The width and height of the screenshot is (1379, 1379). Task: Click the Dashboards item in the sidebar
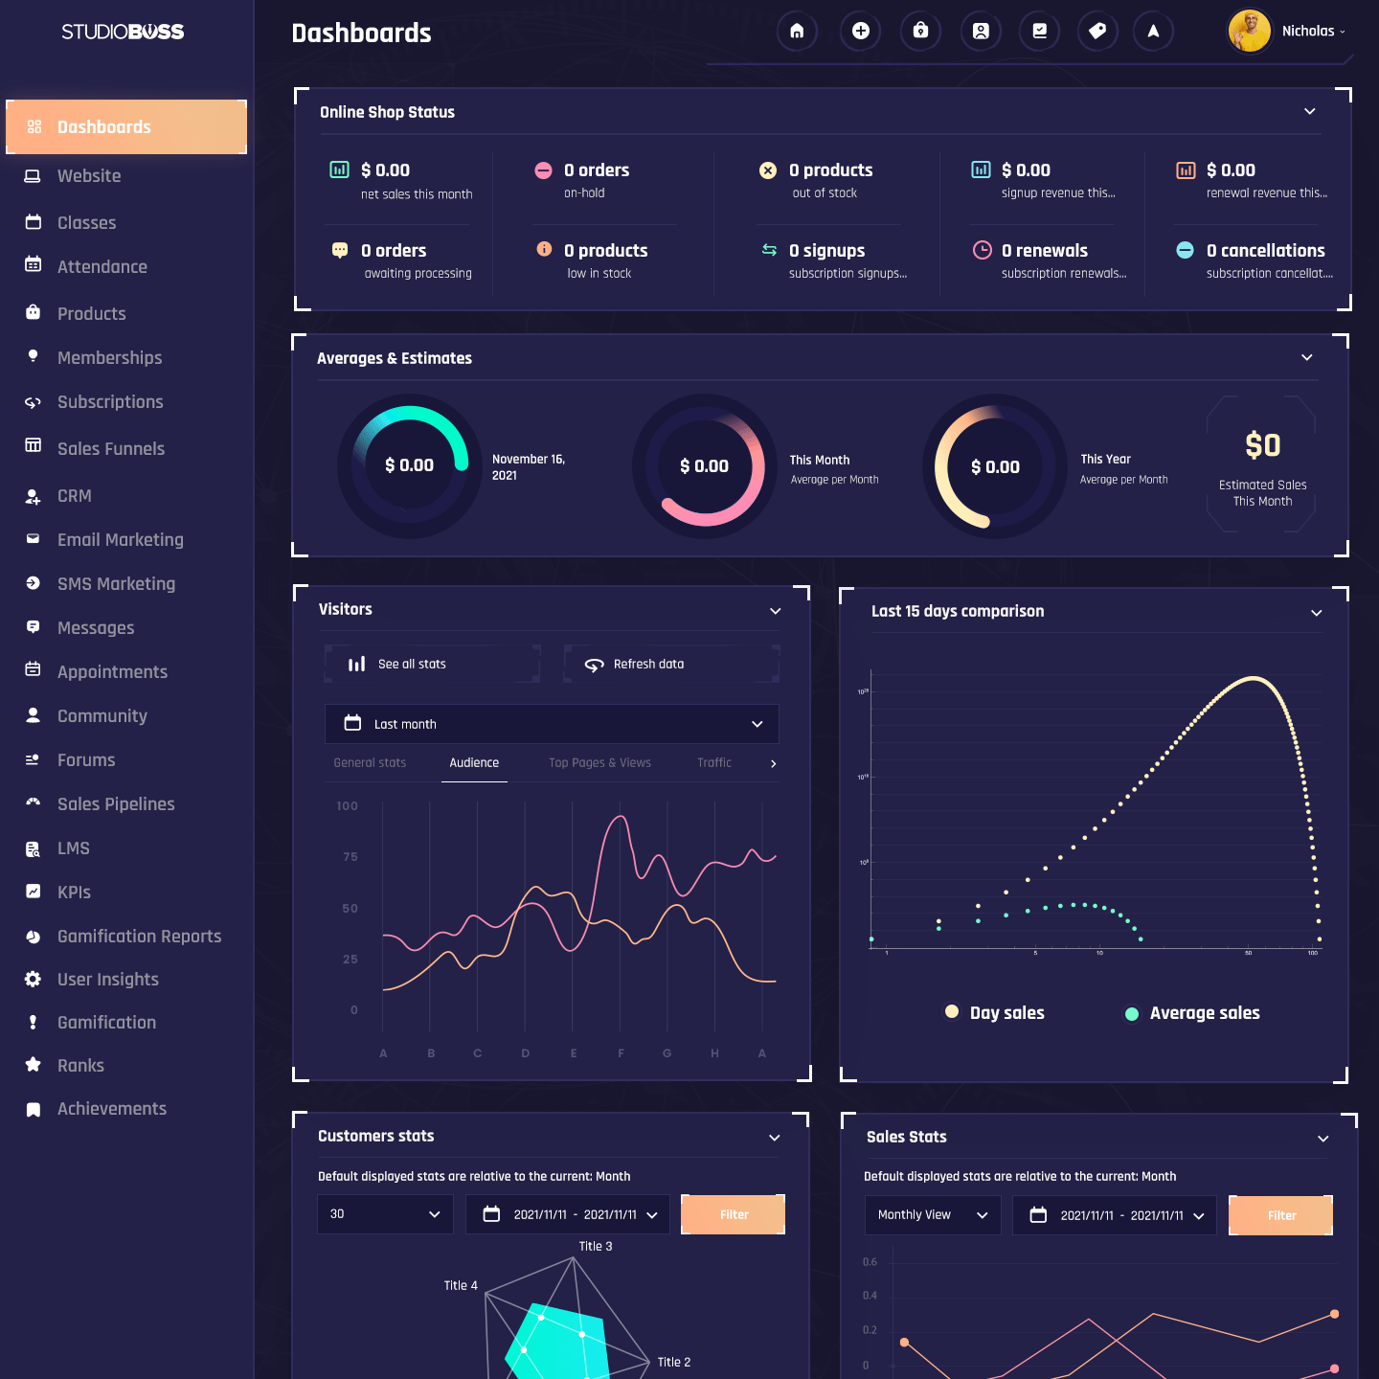click(125, 127)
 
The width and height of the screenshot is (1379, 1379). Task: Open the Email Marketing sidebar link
click(120, 540)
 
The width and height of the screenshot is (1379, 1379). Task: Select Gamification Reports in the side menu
click(139, 937)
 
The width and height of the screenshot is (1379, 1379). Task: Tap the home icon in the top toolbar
click(797, 32)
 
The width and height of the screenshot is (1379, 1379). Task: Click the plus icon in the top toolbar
click(860, 32)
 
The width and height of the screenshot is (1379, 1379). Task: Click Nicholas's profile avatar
click(1249, 32)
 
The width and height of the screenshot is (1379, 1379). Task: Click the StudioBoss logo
click(123, 32)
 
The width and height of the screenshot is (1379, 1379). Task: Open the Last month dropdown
click(552, 724)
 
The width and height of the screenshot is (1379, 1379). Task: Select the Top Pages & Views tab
click(599, 763)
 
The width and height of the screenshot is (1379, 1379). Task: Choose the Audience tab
click(474, 763)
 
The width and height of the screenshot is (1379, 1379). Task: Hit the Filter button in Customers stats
click(733, 1214)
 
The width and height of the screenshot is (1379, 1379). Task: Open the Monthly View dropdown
click(932, 1215)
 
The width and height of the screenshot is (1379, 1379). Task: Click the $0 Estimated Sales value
click(1262, 445)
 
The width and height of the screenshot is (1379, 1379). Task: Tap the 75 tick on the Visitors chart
click(350, 857)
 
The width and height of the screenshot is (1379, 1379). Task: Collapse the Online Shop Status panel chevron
click(1309, 112)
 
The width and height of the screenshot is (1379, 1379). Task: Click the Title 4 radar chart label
click(461, 1286)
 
